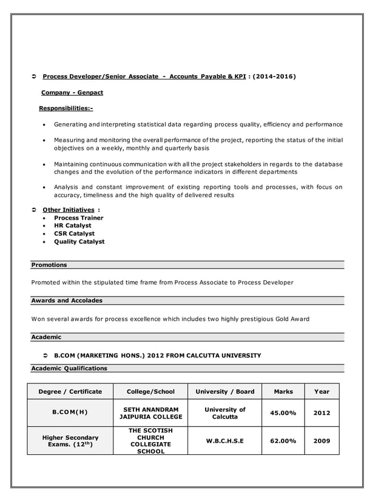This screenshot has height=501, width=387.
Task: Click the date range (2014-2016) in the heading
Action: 274,77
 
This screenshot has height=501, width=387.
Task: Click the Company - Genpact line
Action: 72,93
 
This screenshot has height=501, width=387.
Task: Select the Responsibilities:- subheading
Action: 66,109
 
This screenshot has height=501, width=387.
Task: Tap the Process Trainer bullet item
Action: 79,218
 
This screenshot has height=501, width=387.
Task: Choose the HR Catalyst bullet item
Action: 73,226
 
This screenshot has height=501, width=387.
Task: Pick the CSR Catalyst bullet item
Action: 75,234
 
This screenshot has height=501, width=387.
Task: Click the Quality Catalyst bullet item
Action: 79,241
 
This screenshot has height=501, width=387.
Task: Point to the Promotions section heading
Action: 49,265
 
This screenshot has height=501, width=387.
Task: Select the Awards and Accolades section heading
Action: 67,301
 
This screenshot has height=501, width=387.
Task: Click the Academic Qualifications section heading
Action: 69,368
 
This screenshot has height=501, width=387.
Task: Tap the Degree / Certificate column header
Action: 70,392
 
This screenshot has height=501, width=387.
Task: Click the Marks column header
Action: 283,392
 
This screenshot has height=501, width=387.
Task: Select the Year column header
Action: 321,392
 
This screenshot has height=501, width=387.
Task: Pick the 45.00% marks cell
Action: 283,413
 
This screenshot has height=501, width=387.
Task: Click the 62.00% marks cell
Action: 283,441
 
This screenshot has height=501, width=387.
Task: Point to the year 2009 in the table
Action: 321,441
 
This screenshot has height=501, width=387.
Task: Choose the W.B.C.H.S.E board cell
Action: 224,441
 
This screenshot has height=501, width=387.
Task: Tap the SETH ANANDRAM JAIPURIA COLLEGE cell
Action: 150,413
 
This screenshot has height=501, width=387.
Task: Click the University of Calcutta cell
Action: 224,413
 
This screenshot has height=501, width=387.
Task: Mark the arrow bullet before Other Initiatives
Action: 34,210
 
